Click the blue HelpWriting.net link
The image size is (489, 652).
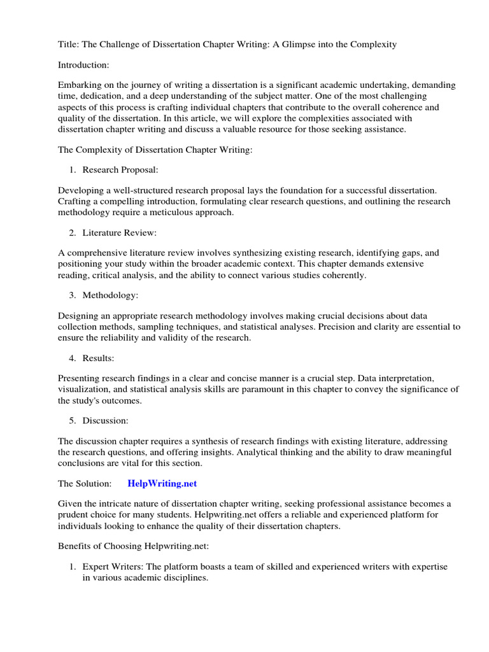click(x=162, y=484)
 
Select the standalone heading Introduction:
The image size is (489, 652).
click(x=83, y=65)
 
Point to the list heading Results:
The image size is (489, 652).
click(x=99, y=358)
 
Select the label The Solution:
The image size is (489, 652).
click(x=85, y=484)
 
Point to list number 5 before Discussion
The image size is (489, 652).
click(x=73, y=421)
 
